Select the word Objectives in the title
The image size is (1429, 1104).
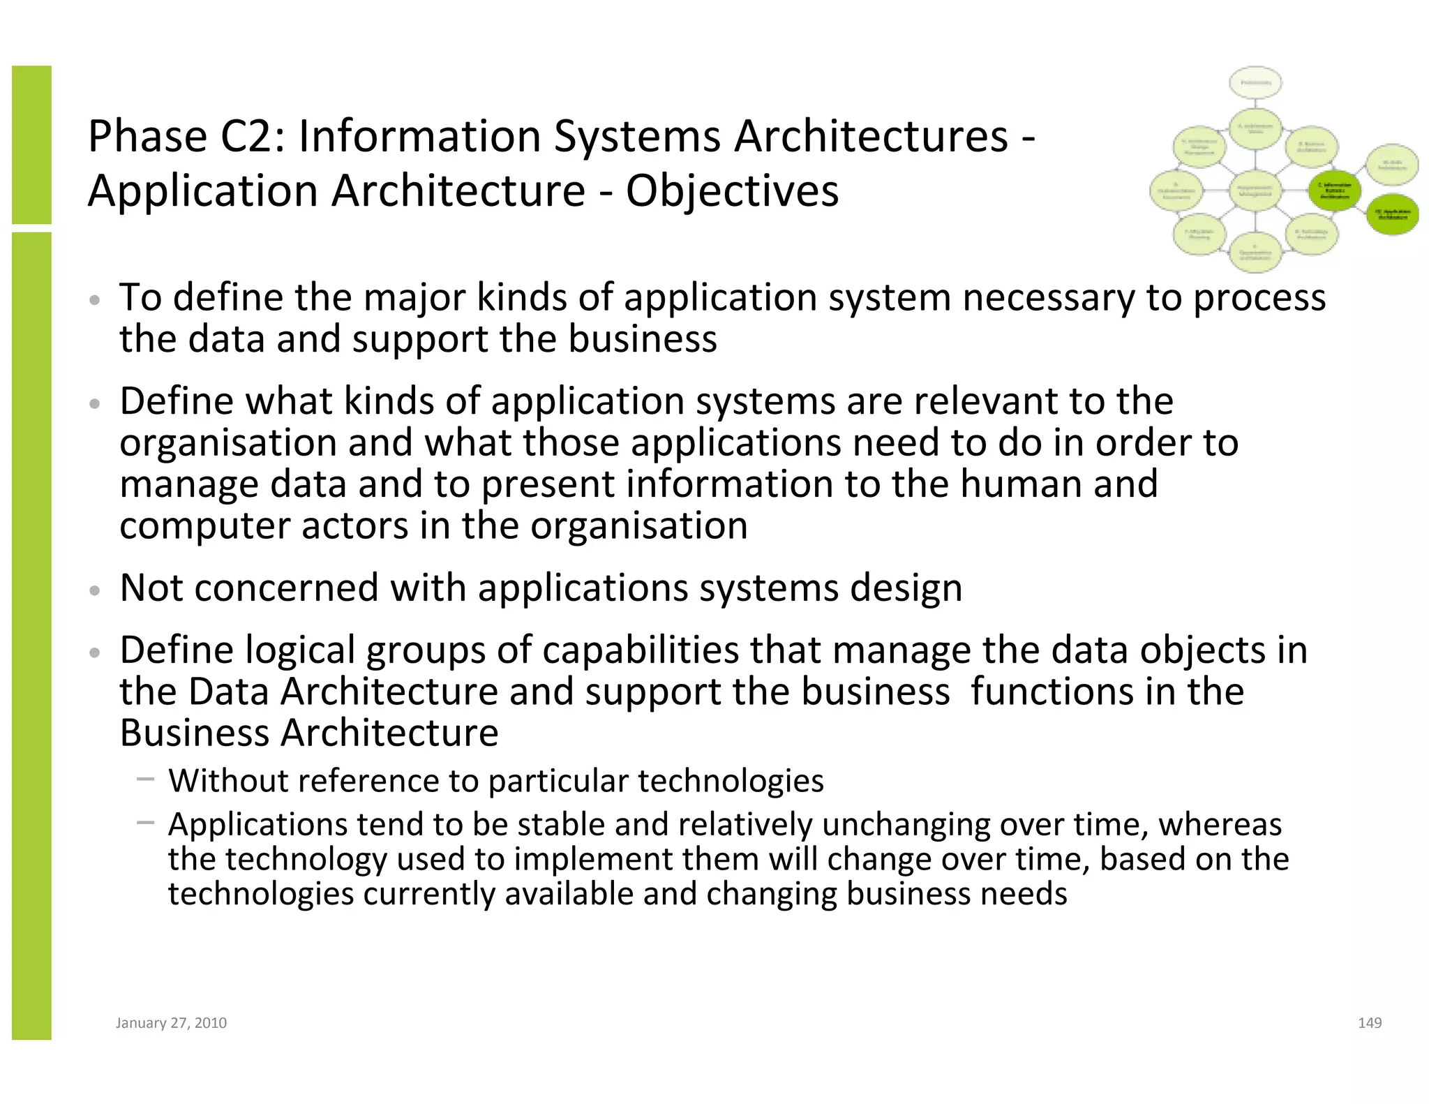pyautogui.click(x=732, y=191)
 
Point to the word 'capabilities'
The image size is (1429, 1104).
pyautogui.click(x=641, y=650)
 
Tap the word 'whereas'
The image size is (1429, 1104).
pyautogui.click(x=1220, y=824)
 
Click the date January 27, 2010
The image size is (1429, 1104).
pyautogui.click(x=171, y=1022)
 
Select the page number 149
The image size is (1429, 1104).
pyautogui.click(x=1370, y=1022)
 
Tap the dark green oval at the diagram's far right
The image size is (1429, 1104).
pyautogui.click(x=1391, y=214)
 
